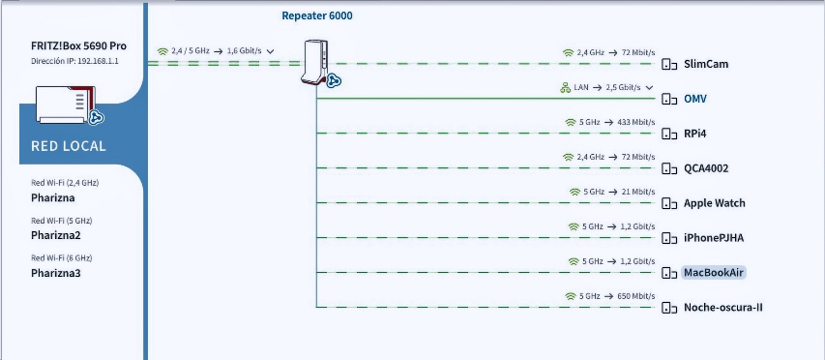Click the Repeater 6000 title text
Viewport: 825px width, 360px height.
317,15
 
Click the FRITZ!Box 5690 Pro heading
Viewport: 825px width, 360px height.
79,45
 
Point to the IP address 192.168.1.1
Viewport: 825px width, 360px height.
98,61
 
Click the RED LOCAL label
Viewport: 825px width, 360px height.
69,146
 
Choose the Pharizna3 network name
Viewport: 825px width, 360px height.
56,273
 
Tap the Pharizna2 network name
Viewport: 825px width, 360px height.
56,235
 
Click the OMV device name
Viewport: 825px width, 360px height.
695,99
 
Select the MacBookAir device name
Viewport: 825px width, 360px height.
714,273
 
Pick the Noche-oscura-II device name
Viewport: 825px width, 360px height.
722,308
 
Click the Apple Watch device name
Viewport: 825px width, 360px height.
715,203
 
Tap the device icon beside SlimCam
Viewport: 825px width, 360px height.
669,64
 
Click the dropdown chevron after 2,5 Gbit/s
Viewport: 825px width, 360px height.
649,87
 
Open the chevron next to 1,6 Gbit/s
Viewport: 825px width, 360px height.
271,51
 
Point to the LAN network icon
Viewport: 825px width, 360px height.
566,87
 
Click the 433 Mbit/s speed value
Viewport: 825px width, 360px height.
636,122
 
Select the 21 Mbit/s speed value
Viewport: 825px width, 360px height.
638,192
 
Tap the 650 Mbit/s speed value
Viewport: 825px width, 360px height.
636,296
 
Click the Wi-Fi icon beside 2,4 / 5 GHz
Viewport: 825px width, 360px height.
163,51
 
